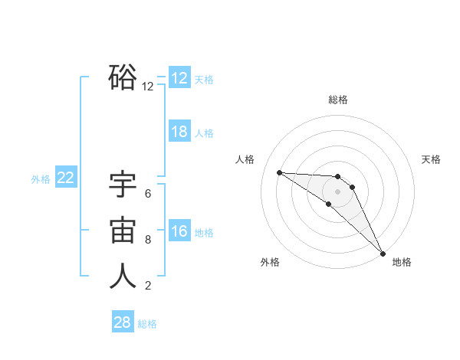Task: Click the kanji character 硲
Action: (123, 77)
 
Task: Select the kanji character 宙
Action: (123, 231)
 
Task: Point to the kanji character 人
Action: (123, 277)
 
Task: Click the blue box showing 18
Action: (179, 132)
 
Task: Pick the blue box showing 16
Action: (179, 231)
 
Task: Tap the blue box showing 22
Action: (66, 178)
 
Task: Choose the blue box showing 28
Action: (123, 322)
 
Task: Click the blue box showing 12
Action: (179, 78)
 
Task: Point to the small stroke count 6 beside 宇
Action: (148, 194)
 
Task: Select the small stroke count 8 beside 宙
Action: (148, 240)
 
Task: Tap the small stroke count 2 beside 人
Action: (148, 286)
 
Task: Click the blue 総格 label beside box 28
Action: (147, 324)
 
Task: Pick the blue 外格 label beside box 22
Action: (41, 179)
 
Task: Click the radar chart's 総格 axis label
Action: (338, 100)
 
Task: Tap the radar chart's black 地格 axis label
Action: (402, 262)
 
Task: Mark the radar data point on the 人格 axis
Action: (279, 172)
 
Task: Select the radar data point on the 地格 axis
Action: (383, 252)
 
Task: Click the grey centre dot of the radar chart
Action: (338, 191)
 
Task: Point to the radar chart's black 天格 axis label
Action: (431, 159)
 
